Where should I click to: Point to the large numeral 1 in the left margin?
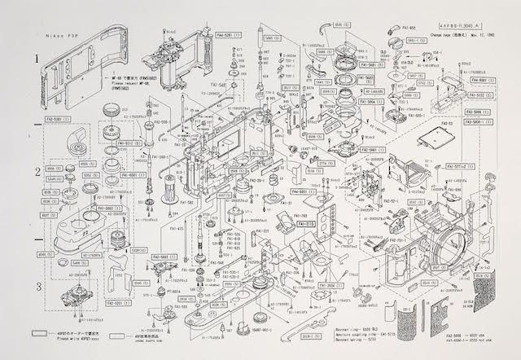coord(37,59)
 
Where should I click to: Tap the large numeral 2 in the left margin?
coord(37,172)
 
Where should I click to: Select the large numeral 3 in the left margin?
coord(37,286)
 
